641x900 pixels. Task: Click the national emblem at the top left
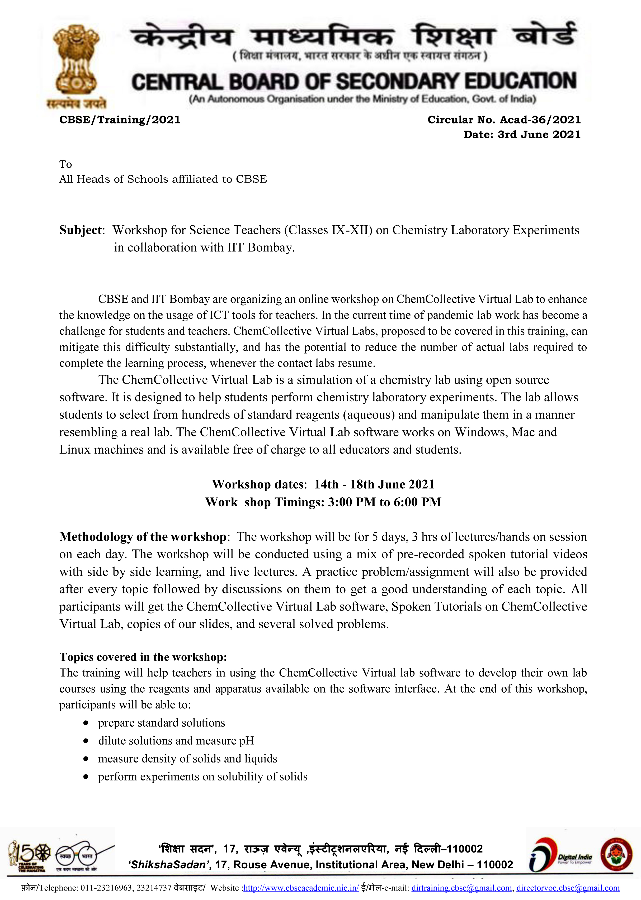(x=76, y=63)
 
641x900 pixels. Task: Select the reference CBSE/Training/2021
(x=120, y=120)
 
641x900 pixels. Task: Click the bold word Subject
(x=81, y=230)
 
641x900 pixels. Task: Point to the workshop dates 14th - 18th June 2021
(x=374, y=484)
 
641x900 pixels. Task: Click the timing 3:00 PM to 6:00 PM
(x=384, y=502)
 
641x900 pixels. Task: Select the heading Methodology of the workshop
(x=143, y=537)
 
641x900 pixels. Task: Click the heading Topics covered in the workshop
(x=143, y=657)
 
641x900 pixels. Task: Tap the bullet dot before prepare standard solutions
(x=86, y=723)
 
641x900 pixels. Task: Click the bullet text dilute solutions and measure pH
(x=176, y=741)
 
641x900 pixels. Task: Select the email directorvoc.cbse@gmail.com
(x=568, y=888)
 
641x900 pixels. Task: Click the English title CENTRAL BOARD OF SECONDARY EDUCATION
(x=354, y=82)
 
